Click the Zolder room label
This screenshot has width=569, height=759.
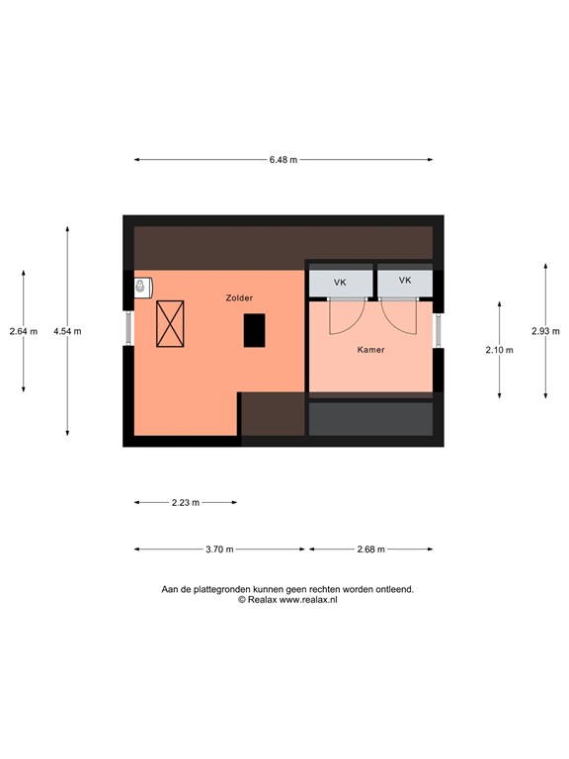tap(238, 296)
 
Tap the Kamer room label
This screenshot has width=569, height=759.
tap(370, 350)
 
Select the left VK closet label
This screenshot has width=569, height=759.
tap(340, 283)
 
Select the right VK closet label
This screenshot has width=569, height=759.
tap(404, 281)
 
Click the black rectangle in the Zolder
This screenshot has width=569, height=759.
tap(255, 329)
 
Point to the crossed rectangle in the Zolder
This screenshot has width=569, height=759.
tap(170, 323)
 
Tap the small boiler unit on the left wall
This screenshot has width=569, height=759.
tap(142, 287)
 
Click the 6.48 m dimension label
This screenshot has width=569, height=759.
tap(284, 160)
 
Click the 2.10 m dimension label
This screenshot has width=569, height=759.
tap(499, 350)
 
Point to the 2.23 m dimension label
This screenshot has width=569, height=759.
tap(185, 503)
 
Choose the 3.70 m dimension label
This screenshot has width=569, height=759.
tap(219, 549)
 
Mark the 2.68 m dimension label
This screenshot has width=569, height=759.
tap(370, 549)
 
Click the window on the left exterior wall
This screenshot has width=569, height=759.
tap(127, 328)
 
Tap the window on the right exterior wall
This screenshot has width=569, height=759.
tap(439, 330)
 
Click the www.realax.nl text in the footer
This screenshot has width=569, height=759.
tap(308, 600)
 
